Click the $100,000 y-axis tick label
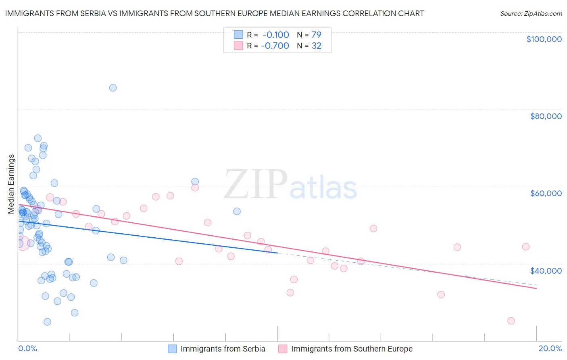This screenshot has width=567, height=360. pyautogui.click(x=544, y=39)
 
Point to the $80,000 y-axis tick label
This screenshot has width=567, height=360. pyautogui.click(x=546, y=116)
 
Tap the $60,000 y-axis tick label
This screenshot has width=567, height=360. pyautogui.click(x=546, y=193)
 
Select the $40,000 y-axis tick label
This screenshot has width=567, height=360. pyautogui.click(x=546, y=270)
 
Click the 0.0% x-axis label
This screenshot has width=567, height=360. pyautogui.click(x=27, y=348)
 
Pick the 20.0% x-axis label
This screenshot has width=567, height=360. pyautogui.click(x=550, y=348)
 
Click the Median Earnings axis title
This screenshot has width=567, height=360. pyautogui.click(x=11, y=184)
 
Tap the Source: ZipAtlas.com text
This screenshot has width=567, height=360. pyautogui.click(x=531, y=13)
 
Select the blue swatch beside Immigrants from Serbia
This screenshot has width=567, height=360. pyautogui.click(x=172, y=349)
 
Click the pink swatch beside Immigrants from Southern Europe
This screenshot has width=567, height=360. pyautogui.click(x=283, y=349)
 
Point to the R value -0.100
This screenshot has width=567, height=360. pyautogui.click(x=276, y=35)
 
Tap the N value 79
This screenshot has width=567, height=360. pyautogui.click(x=316, y=35)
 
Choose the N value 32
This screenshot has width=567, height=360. pyautogui.click(x=316, y=46)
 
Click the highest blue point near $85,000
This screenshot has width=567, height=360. pyautogui.click(x=113, y=88)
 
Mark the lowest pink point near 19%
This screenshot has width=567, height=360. pyautogui.click(x=511, y=321)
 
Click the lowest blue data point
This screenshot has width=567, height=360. pyautogui.click(x=47, y=322)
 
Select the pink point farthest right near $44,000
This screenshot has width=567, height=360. pyautogui.click(x=525, y=247)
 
